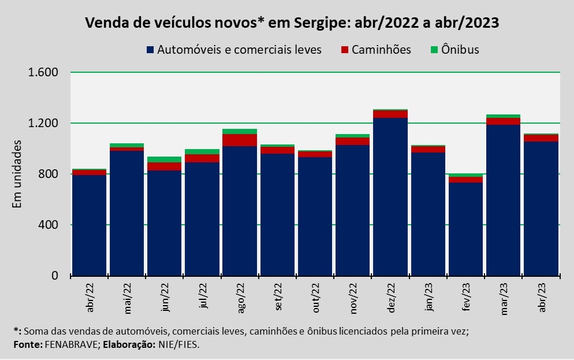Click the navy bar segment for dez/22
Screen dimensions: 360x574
(x=390, y=196)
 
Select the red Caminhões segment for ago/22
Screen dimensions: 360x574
(x=240, y=140)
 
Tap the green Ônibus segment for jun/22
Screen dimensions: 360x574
(x=165, y=159)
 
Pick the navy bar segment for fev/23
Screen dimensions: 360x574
(x=465, y=229)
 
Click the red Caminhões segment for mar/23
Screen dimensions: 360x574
(x=503, y=121)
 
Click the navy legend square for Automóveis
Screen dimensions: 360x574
(x=151, y=50)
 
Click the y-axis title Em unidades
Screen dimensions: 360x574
(x=17, y=173)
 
